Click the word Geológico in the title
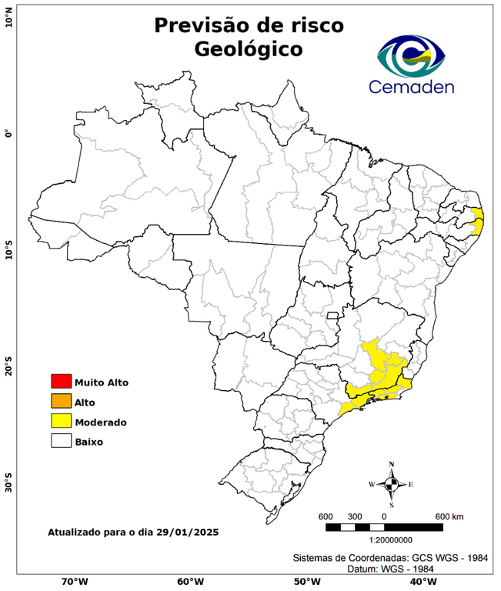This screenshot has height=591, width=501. click(249, 49)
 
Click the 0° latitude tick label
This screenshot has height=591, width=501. click(8, 132)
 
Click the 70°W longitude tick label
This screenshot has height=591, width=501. click(74, 582)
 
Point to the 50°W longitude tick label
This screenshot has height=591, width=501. click(305, 582)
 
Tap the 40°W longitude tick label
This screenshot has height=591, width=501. click(421, 582)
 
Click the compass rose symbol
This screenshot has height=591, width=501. click(391, 484)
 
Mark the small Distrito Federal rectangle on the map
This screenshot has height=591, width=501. click(334, 316)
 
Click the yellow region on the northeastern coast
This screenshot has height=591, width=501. click(478, 221)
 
